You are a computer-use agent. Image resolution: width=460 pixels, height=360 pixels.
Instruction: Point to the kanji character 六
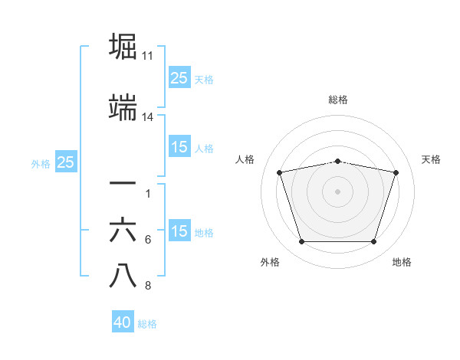click(123, 231)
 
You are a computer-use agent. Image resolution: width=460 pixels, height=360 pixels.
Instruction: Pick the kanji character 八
click(123, 277)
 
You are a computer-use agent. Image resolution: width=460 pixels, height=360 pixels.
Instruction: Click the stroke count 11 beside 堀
click(148, 56)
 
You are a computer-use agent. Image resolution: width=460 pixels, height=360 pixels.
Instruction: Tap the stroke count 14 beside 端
click(148, 117)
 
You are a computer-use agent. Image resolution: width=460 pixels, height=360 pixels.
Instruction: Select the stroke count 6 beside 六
click(148, 240)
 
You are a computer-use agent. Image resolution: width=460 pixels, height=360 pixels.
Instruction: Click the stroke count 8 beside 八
click(148, 286)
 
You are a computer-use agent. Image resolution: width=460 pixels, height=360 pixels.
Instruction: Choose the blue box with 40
click(123, 322)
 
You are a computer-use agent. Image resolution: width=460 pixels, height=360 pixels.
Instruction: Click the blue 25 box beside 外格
click(65, 162)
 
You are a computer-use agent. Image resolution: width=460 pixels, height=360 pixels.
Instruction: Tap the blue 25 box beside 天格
click(179, 77)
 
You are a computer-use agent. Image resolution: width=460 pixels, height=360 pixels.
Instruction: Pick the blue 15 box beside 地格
click(179, 231)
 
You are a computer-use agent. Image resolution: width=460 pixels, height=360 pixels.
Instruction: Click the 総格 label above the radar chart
click(337, 100)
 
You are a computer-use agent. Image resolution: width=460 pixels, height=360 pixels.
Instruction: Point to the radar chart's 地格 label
click(402, 263)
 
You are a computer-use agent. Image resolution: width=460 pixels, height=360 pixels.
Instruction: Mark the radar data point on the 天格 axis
click(396, 172)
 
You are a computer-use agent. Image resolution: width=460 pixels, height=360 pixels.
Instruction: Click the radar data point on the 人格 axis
click(279, 172)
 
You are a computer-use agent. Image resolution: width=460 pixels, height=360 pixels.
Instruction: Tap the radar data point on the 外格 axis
click(301, 242)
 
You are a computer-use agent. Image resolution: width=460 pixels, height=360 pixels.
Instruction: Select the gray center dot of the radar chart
click(337, 191)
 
